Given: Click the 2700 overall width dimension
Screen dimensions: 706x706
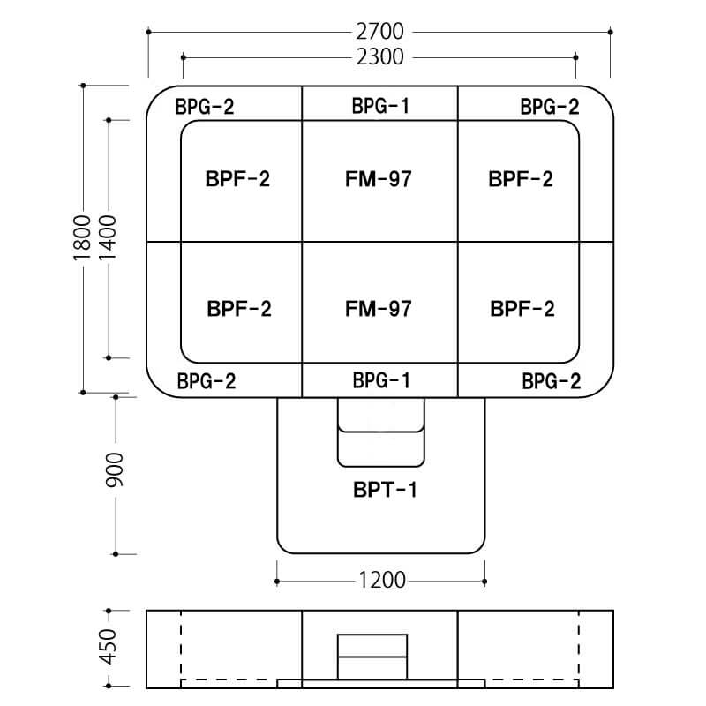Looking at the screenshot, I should [380, 32].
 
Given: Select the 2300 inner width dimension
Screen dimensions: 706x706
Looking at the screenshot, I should [380, 57].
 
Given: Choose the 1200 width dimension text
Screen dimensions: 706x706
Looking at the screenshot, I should [381, 581].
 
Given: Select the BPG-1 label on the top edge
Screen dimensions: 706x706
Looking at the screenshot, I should [380, 107].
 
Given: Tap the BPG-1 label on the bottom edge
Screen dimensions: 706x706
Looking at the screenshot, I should [380, 381].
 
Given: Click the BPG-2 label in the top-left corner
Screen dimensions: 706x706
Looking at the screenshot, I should [205, 108].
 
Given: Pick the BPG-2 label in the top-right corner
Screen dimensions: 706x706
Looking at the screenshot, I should [550, 108].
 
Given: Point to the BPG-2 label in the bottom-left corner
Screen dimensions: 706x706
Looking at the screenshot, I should [207, 382].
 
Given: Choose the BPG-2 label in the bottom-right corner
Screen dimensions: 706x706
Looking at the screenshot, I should [551, 382].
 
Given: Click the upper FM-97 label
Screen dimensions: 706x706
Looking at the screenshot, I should [379, 179].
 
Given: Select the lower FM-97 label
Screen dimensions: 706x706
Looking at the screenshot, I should [379, 309].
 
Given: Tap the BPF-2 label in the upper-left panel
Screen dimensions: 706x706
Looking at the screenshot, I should [237, 179].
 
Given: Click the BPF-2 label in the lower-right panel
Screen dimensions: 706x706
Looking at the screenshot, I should [522, 309].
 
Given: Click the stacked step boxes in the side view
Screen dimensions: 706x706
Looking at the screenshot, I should [372, 657].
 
